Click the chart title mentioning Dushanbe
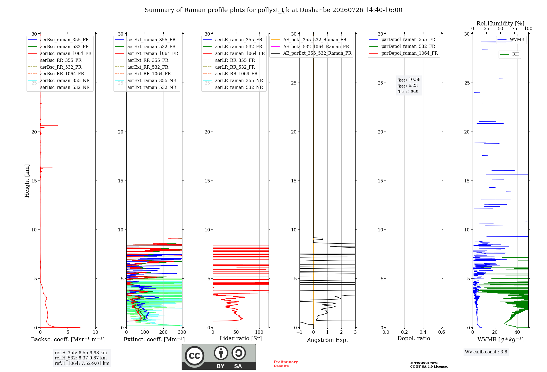click(273, 10)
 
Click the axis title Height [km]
click(27, 181)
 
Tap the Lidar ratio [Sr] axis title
click(241, 338)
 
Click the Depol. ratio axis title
click(414, 338)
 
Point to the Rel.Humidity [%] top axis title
click(501, 24)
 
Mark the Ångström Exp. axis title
click(327, 340)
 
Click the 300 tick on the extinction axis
click(182, 332)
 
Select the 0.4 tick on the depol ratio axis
click(423, 332)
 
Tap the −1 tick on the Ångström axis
click(299, 332)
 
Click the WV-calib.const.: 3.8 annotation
click(486, 352)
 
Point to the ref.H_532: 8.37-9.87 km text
click(81, 358)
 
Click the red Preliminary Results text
click(286, 364)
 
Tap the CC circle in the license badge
click(194, 356)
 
